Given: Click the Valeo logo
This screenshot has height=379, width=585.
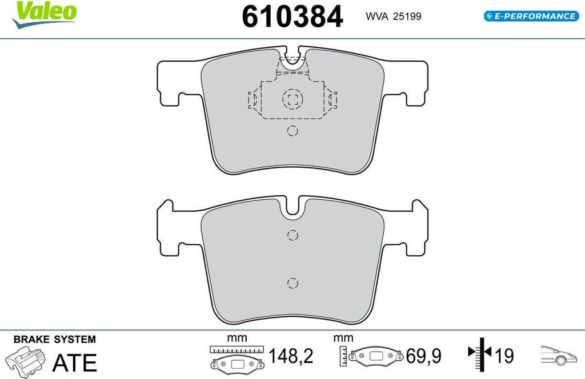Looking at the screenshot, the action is click(44, 15).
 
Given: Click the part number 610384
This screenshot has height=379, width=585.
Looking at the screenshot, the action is click(292, 17).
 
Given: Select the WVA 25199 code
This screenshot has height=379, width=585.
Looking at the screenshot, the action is click(393, 17).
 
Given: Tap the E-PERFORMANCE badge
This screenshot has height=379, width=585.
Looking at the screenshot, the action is click(531, 16).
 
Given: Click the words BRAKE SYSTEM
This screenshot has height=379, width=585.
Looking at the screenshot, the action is click(54, 339).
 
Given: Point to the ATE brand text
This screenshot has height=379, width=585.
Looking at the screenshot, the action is click(75, 362).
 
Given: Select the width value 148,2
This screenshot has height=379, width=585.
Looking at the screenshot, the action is click(291, 356).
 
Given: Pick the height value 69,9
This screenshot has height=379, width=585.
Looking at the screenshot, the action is click(423, 356).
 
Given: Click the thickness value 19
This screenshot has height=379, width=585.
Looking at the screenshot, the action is click(504, 356).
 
